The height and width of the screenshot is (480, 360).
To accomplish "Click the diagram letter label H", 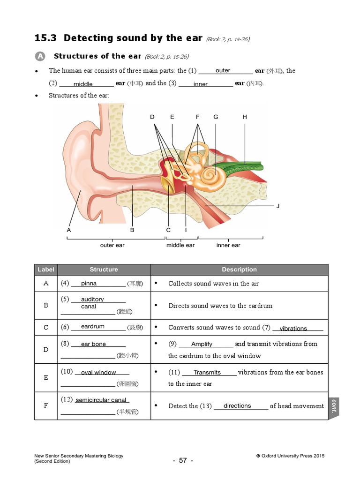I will [x=245, y=117].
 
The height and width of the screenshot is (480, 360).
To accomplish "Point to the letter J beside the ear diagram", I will [x=278, y=206].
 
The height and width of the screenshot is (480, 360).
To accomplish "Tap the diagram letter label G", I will [x=216, y=117].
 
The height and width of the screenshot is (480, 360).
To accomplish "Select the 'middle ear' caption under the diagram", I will [x=180, y=245].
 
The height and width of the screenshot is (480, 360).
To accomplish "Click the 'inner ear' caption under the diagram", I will [x=228, y=245].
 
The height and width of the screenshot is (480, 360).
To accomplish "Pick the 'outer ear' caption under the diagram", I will [x=112, y=245].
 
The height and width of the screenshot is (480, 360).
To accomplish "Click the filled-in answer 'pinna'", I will [x=89, y=283].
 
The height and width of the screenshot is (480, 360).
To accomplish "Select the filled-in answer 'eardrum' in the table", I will [x=93, y=326].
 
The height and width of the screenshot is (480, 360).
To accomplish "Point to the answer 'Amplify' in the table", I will [x=202, y=344].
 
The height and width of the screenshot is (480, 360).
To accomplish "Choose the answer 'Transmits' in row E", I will [x=207, y=372].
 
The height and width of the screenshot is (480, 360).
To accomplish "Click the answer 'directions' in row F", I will [x=237, y=405].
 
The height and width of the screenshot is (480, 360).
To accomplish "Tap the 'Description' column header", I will [x=239, y=270].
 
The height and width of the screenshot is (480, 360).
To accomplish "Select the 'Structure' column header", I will [x=104, y=270].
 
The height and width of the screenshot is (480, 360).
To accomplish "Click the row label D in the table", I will [x=46, y=350].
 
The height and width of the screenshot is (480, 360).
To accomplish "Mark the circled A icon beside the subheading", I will [x=40, y=56].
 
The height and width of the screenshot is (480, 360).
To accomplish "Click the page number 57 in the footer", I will [x=183, y=460].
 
